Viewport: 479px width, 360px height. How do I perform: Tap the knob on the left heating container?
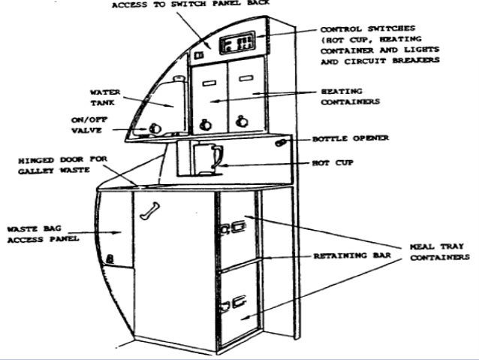pyautogui.click(x=205, y=122)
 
